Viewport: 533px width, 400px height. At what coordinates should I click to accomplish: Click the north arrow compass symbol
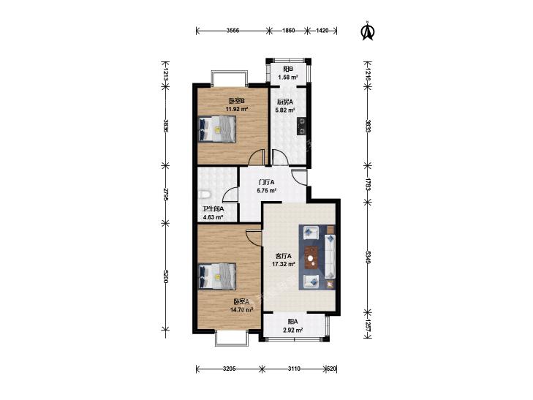pos(367,31)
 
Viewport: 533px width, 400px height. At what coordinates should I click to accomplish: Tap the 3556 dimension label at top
pos(233,31)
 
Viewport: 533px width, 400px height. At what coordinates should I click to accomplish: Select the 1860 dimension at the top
pos(289,31)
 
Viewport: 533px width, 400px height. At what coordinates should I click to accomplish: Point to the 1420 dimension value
pos(322,31)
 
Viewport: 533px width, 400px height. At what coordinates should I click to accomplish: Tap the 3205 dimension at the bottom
pos(230,369)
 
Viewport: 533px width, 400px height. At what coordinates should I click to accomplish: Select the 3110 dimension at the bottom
pos(294,369)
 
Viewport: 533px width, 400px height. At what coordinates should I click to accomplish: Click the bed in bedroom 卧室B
pos(217,129)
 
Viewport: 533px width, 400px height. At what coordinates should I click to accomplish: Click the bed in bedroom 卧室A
pos(217,276)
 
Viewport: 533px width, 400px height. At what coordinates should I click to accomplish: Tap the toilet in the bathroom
pos(204,195)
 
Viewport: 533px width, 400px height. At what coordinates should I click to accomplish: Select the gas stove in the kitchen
pos(301,126)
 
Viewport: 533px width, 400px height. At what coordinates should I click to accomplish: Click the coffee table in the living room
pos(311,257)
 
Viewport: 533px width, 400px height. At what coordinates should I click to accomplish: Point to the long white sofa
pos(330,256)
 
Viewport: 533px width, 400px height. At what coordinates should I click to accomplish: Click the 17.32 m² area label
pos(283,264)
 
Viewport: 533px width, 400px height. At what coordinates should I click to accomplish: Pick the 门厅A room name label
pos(266,182)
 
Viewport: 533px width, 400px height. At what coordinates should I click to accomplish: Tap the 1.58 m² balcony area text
pos(288,77)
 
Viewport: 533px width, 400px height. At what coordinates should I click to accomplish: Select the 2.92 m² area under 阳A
pos(293,330)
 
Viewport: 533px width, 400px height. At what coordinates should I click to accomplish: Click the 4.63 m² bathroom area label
pos(213,217)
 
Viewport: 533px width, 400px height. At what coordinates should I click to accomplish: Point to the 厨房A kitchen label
pos(285,102)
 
